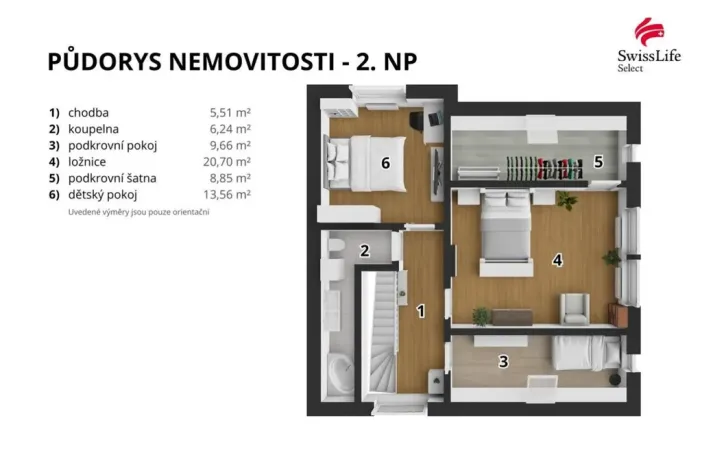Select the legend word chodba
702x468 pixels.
[89, 113]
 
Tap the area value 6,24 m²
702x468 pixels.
[230, 129]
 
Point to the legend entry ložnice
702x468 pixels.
[87, 161]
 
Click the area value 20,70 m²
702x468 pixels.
[228, 161]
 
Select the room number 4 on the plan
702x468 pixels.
[558, 260]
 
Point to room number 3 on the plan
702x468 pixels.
[503, 362]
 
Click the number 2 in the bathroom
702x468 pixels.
[365, 250]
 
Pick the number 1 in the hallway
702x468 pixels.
[421, 311]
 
